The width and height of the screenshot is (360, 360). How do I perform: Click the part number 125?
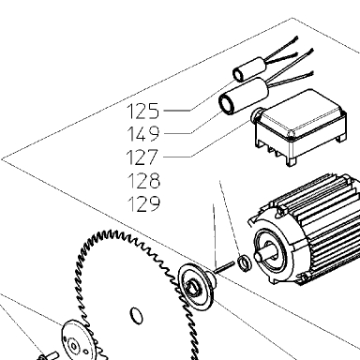(x=143, y=112)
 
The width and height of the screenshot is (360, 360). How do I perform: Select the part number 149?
(x=143, y=134)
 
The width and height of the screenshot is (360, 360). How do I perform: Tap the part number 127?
(x=142, y=157)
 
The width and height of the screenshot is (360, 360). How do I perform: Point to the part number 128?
(x=143, y=181)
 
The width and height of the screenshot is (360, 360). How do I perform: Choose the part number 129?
(x=143, y=203)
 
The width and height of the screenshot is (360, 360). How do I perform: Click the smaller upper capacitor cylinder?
(x=249, y=68)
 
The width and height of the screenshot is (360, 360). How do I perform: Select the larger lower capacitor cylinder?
(x=244, y=97)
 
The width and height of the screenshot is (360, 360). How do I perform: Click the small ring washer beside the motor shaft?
(x=244, y=263)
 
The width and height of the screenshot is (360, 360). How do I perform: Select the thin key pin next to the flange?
(x=224, y=268)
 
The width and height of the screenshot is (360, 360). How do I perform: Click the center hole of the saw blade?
(x=136, y=316)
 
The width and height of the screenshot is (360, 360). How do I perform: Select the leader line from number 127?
(x=206, y=140)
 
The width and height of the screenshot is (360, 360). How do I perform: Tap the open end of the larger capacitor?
(x=227, y=103)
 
